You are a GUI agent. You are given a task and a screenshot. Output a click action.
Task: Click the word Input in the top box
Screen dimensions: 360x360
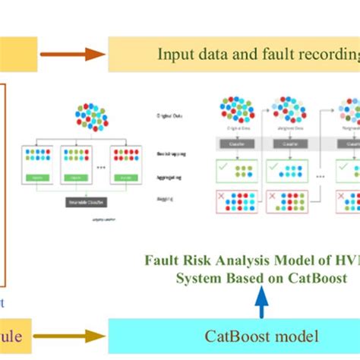[x=175, y=54]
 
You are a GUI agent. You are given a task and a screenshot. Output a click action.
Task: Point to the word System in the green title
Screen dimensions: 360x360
[x=199, y=277]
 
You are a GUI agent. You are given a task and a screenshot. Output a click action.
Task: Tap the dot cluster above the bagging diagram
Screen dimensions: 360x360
[x=92, y=116]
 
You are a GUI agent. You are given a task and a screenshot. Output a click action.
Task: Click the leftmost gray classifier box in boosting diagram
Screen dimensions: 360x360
[x=237, y=143]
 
